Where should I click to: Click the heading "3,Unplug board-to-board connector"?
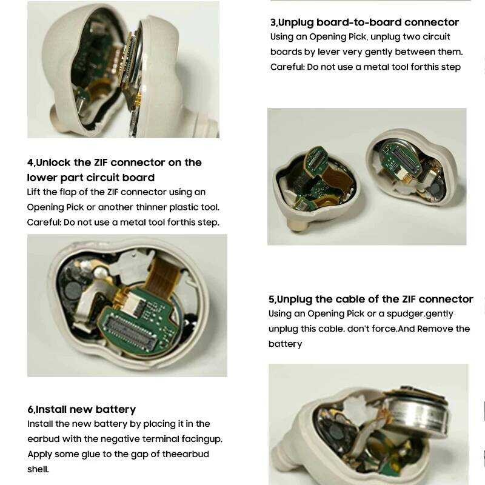[x=364, y=22]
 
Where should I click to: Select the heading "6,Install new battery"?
[x=82, y=409]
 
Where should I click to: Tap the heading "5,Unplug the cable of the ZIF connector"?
[x=371, y=299]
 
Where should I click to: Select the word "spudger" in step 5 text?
[x=405, y=314]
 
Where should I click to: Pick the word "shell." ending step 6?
[x=38, y=469]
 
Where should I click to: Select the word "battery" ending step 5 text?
[x=285, y=344]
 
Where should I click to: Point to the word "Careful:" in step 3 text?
[x=287, y=67]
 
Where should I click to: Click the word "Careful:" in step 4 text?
[x=44, y=222]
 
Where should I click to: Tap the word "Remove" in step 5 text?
[x=433, y=329]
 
